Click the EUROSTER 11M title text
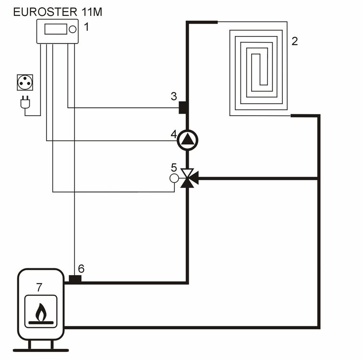coord(57,12)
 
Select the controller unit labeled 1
coord(57,32)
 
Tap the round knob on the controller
coord(73,29)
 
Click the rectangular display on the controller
coord(55,29)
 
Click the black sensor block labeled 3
coord(183,108)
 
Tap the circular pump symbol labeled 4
coord(187,140)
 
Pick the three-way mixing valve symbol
coord(187,178)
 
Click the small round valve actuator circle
coord(174,178)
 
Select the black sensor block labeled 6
coord(74,279)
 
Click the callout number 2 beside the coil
coord(294,41)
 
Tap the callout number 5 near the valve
coord(174,168)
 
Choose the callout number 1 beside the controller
coord(86,27)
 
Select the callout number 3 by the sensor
coord(174,96)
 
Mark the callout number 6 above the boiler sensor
coord(81,268)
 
